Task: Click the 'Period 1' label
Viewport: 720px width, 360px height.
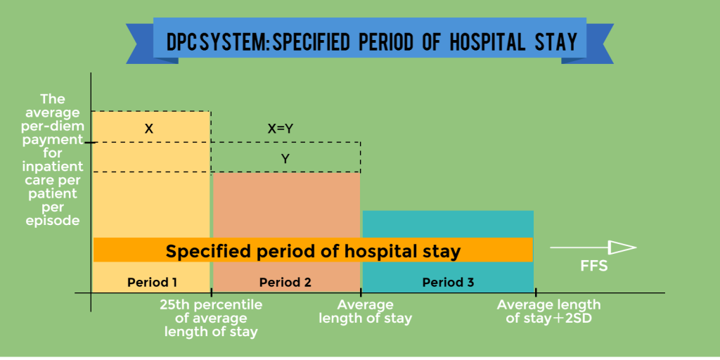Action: click(151, 283)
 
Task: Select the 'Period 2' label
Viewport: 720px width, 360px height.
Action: click(285, 283)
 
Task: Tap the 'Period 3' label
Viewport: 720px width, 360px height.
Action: click(448, 283)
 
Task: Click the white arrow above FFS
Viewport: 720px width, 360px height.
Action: click(593, 247)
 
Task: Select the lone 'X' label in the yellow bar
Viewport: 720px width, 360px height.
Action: click(149, 129)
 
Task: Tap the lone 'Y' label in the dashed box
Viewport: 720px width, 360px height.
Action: click(285, 159)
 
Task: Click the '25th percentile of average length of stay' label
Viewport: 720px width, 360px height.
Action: click(211, 319)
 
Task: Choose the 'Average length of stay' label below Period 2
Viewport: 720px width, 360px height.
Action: click(365, 311)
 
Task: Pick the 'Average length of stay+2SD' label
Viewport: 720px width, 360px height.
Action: click(548, 311)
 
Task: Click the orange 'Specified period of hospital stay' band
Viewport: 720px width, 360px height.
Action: click(313, 250)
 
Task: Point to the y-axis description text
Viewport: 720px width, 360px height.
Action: click(53, 160)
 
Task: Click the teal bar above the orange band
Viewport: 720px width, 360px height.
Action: click(448, 224)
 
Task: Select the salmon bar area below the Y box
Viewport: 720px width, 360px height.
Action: click(285, 204)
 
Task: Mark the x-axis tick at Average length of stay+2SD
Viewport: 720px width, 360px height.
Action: click(535, 292)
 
